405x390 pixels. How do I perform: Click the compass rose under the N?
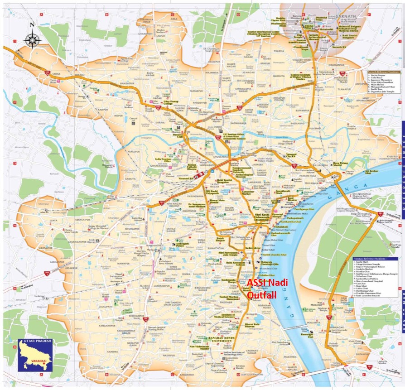coord(32,40)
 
